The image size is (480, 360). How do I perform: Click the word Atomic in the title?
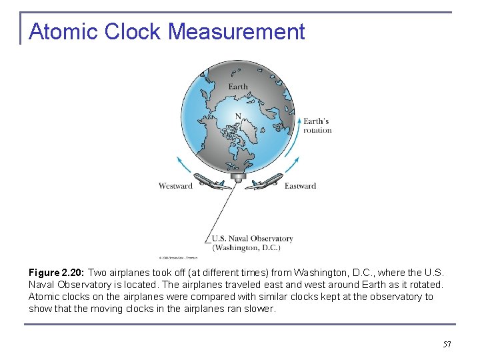(61, 31)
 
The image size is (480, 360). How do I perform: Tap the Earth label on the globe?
(238, 87)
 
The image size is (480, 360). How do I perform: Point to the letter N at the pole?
(237, 116)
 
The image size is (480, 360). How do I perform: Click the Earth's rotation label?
(317, 125)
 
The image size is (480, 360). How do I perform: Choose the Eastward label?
(300, 186)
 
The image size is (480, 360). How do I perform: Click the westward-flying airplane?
(213, 182)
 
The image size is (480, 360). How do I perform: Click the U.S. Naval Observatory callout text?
(252, 238)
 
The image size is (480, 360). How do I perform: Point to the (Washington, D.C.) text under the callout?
(246, 247)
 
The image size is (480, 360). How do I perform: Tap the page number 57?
(447, 345)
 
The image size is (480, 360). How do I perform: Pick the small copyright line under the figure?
(179, 257)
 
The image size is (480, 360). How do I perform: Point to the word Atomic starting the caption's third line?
(42, 297)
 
